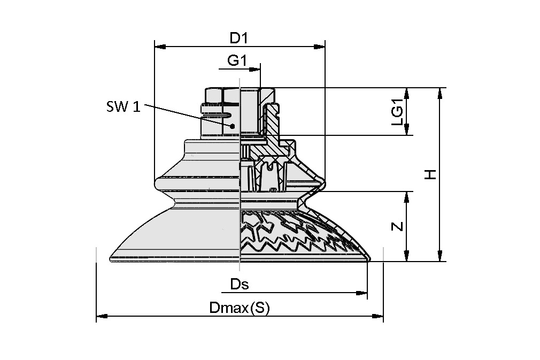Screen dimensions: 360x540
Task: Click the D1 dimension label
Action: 239,38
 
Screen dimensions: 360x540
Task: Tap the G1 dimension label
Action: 236,61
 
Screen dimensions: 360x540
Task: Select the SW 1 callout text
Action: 123,106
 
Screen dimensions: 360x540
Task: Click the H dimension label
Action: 430,174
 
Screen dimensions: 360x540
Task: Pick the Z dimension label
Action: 397,226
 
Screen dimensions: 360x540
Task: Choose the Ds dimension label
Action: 240,284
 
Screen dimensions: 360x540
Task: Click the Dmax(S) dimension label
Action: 240,308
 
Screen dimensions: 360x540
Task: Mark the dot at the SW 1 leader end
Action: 232,126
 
